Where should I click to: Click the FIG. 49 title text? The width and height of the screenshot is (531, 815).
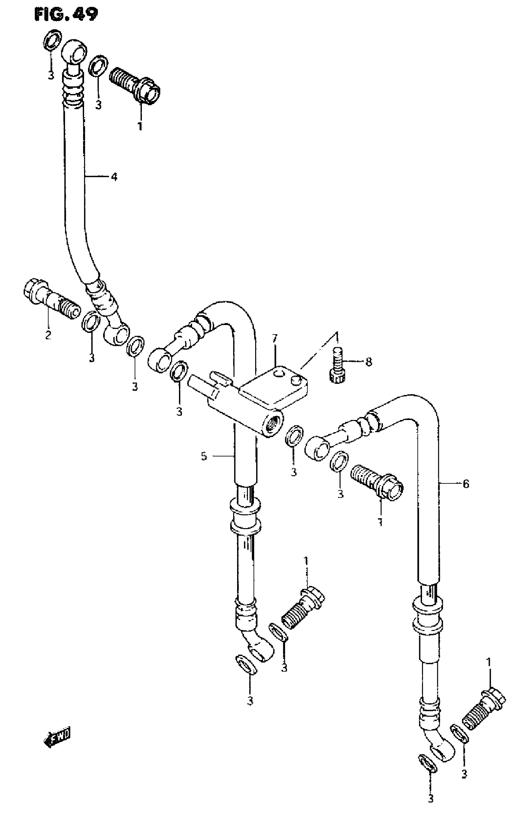pyautogui.click(x=66, y=14)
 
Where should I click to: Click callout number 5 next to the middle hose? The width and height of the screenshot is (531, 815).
pyautogui.click(x=204, y=456)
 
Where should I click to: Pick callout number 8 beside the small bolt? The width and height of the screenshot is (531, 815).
pyautogui.click(x=369, y=362)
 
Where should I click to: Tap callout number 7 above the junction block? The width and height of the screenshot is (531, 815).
pyautogui.click(x=274, y=339)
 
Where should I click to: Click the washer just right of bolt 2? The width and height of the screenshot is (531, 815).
pyautogui.click(x=91, y=322)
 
